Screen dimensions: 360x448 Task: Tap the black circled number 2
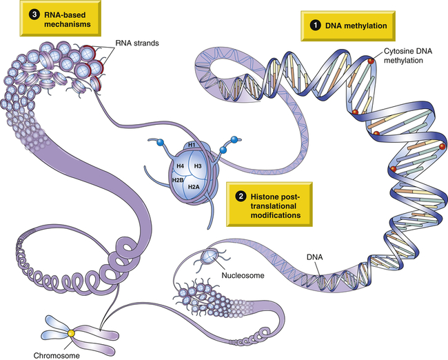pos(240,195)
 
